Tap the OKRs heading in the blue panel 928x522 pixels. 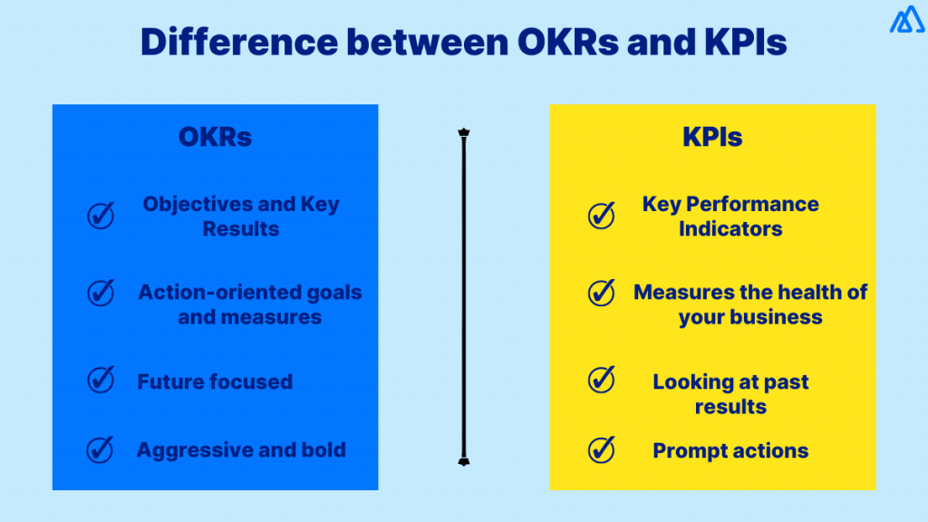click(x=215, y=137)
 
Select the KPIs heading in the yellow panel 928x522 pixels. click(x=712, y=137)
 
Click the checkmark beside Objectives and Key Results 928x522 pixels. click(x=101, y=216)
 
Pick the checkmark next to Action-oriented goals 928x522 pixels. click(x=101, y=293)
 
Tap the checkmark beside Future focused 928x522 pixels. click(x=101, y=380)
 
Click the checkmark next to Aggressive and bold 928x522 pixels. click(x=101, y=449)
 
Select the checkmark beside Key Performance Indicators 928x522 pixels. click(x=601, y=215)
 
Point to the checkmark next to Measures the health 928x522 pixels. click(x=601, y=293)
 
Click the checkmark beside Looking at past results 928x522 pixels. click(x=601, y=379)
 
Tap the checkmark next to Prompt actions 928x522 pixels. click(x=601, y=449)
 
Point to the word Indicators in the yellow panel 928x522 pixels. click(x=730, y=229)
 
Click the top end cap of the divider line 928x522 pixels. click(x=463, y=133)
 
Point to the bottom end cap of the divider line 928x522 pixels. click(x=463, y=460)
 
